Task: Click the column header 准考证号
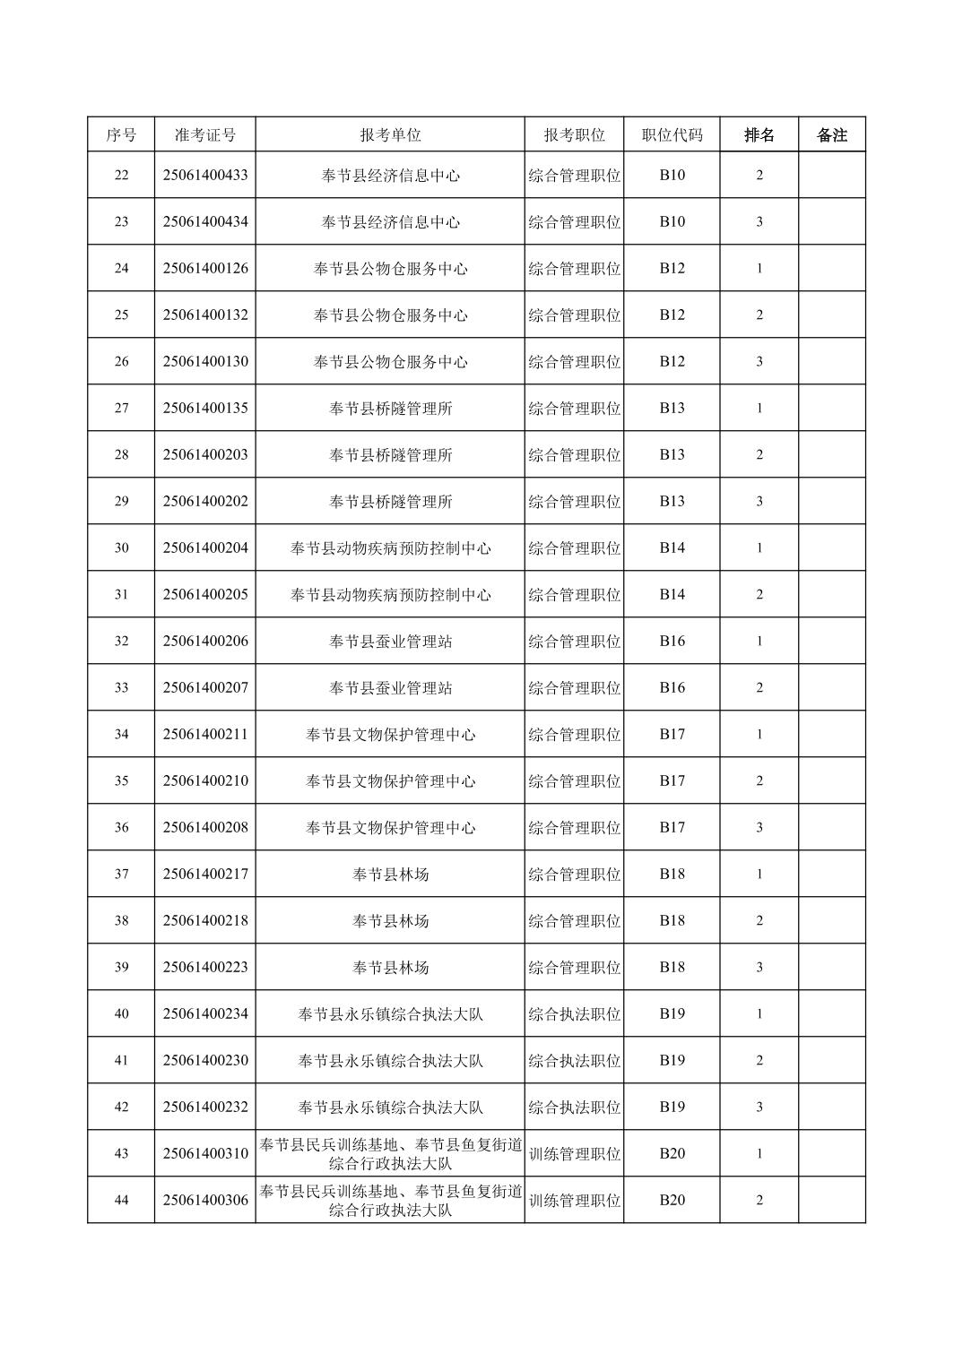coord(205,135)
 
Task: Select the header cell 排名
coord(759,135)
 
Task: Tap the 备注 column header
coord(831,135)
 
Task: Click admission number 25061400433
coord(205,176)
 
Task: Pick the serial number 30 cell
coord(121,548)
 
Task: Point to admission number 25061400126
coord(205,269)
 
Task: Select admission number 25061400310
coord(205,1154)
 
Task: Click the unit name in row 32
coord(390,642)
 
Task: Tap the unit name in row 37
coord(390,875)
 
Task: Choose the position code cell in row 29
coord(672,502)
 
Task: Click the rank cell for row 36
coord(759,828)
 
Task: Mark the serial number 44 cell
coord(121,1201)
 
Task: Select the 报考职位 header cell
coord(574,135)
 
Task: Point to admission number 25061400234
coord(205,1014)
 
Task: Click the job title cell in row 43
coord(574,1154)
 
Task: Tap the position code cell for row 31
coord(672,595)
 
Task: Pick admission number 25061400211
coord(205,735)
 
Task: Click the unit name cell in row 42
coord(390,1108)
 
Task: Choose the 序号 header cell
coord(121,135)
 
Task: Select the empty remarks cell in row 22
coord(831,176)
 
